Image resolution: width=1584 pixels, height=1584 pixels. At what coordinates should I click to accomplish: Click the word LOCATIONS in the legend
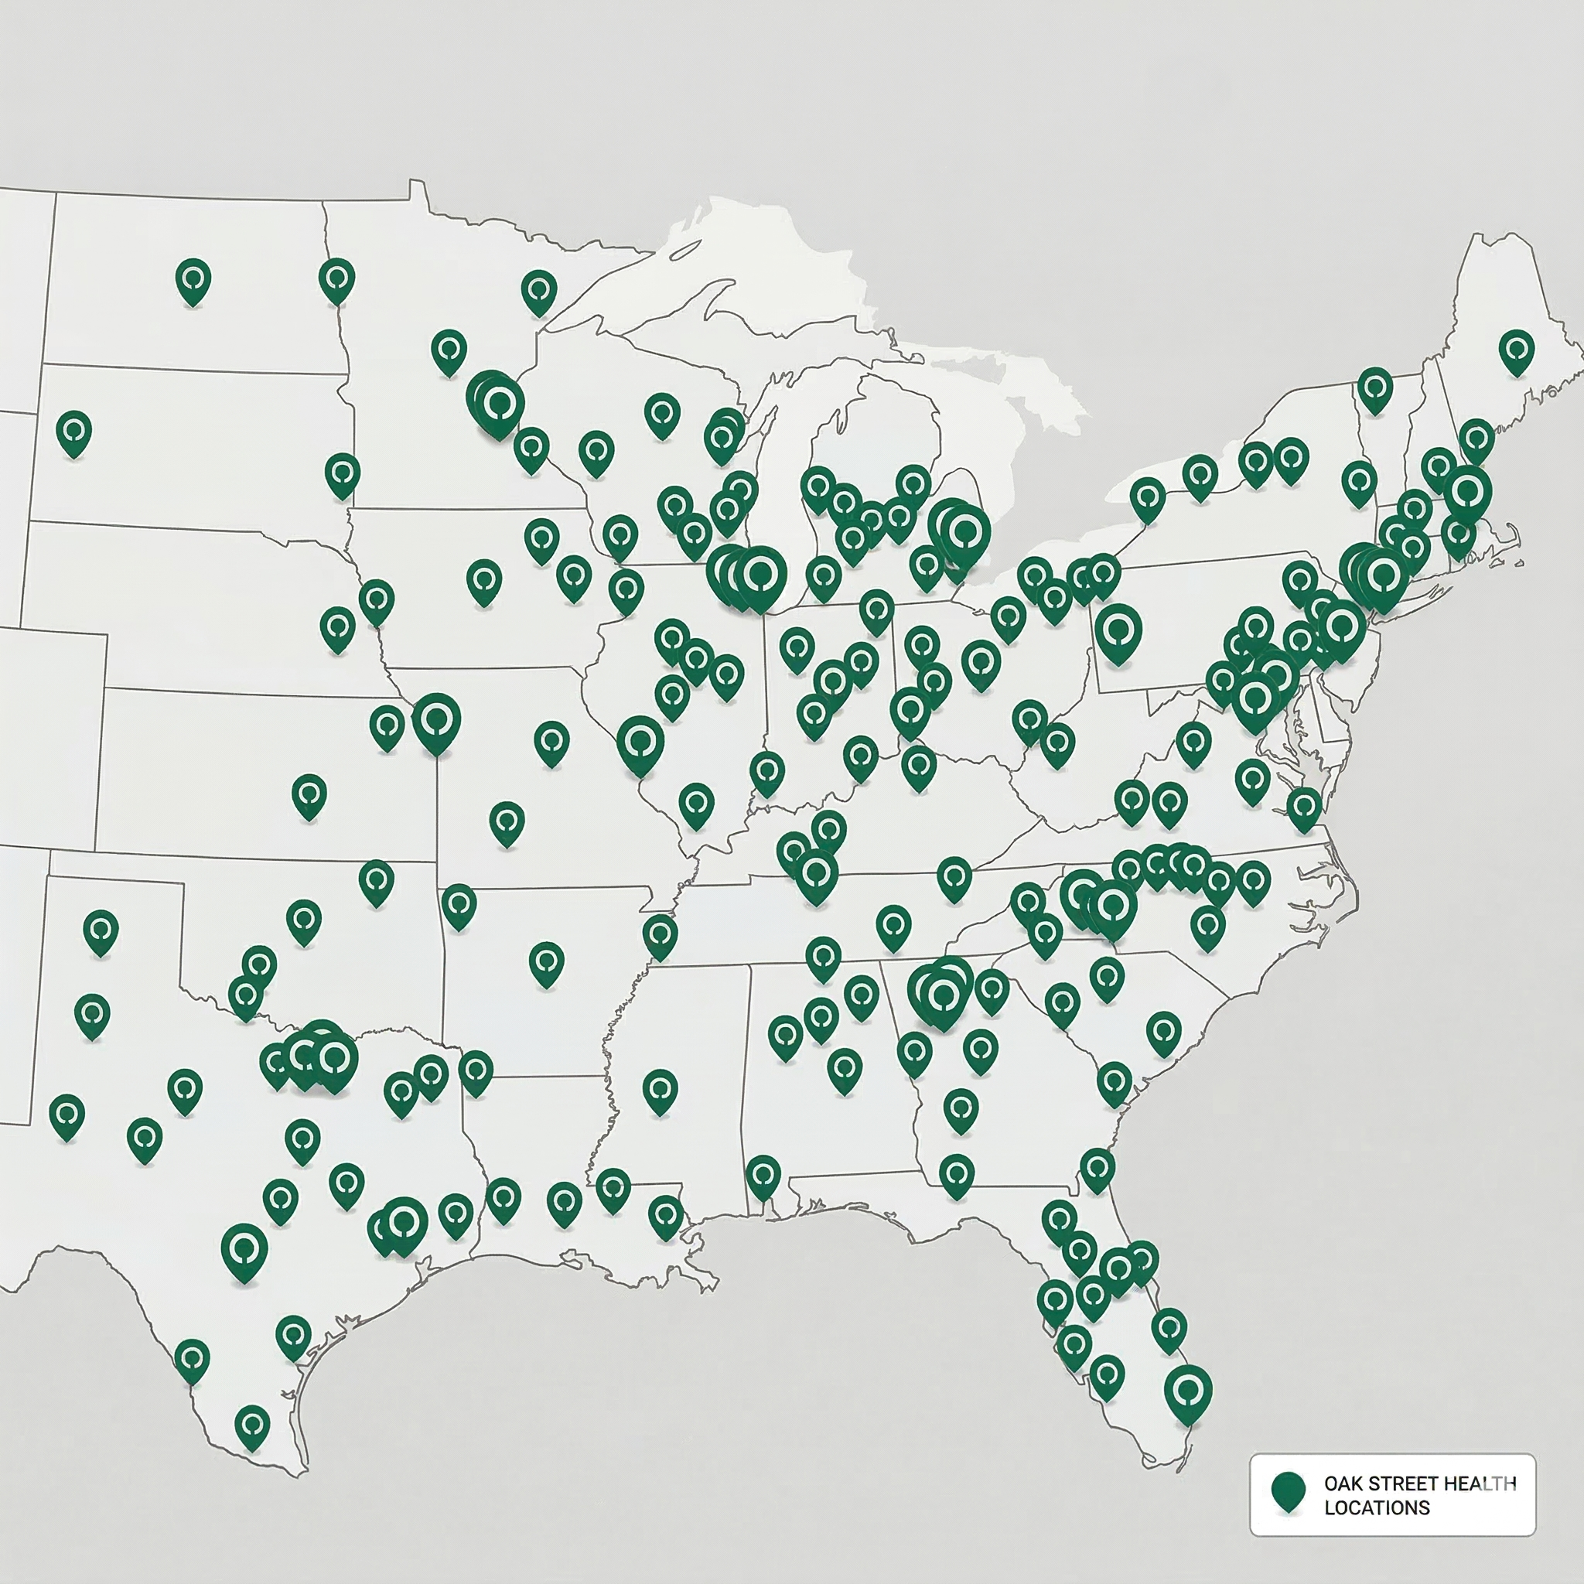coord(1377,1507)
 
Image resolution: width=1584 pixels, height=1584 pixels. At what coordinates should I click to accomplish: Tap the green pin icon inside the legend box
coord(1288,1490)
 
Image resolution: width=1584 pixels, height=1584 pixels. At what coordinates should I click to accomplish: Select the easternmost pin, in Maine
coord(1516,351)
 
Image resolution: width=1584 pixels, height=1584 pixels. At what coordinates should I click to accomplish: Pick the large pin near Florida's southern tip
coord(1188,1392)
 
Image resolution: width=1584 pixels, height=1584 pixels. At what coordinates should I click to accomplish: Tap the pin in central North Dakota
coord(193,281)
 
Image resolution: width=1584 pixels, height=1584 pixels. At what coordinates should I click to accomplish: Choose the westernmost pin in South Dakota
coord(73,432)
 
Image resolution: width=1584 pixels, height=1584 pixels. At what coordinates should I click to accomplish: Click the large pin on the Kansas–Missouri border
coord(436,721)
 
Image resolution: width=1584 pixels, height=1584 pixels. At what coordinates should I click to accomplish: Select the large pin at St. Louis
coord(640,742)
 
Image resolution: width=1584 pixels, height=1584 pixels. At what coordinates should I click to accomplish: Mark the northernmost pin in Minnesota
coord(538,291)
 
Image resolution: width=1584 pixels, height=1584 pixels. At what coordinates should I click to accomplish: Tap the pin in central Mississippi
coord(660,1090)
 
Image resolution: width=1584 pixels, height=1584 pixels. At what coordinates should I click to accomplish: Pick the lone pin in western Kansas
coord(309,794)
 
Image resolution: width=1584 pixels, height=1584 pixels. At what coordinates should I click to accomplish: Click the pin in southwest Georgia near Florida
coord(956,1175)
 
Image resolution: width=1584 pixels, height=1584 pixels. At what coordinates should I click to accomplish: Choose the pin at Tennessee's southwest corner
coord(660,936)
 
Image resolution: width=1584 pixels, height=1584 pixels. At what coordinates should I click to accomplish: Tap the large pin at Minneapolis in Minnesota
coord(497,404)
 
